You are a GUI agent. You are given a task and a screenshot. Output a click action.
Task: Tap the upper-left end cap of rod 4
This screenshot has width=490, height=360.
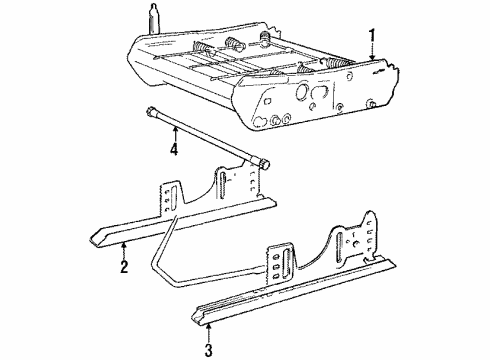(149, 112)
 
